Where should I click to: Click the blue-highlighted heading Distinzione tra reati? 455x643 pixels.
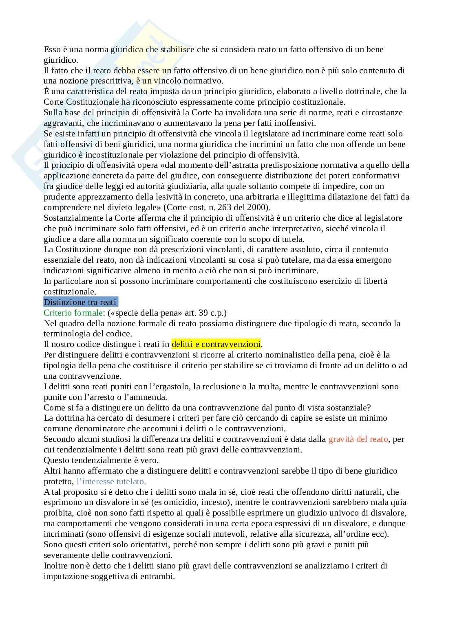[80, 302]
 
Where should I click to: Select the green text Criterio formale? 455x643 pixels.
[73, 313]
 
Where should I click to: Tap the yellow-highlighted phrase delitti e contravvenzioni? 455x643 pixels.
[216, 344]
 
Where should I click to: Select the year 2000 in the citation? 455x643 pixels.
[255, 207]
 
